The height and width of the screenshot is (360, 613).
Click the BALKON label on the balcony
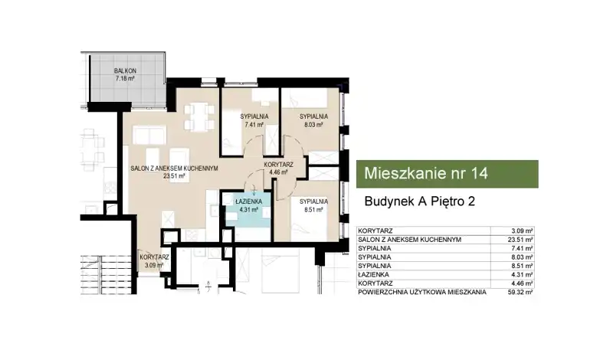pyautogui.click(x=125, y=70)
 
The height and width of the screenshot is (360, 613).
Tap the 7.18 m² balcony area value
pyautogui.click(x=125, y=78)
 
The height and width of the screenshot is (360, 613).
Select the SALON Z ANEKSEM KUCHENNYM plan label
pyautogui.click(x=174, y=169)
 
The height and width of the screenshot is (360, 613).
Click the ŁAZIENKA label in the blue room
pyautogui.click(x=248, y=201)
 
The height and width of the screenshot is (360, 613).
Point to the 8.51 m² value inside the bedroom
pyautogui.click(x=313, y=210)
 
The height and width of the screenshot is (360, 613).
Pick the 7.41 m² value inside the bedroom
pyautogui.click(x=254, y=125)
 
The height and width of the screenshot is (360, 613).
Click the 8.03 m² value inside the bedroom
pyautogui.click(x=313, y=125)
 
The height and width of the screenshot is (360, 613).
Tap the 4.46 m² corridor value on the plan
pyautogui.click(x=278, y=172)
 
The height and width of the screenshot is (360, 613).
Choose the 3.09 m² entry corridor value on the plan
pyautogui.click(x=154, y=265)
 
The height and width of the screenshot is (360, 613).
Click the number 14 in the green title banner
pyautogui.click(x=480, y=173)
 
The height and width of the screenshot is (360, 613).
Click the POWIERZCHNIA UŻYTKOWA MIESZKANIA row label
pyautogui.click(x=422, y=292)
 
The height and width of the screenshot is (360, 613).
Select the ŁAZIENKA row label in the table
pyautogui.click(x=373, y=275)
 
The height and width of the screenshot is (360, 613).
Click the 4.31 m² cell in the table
pyautogui.click(x=523, y=275)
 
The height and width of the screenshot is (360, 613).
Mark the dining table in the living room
pyautogui.click(x=199, y=116)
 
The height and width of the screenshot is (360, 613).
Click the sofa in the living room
pyautogui.click(x=149, y=135)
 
